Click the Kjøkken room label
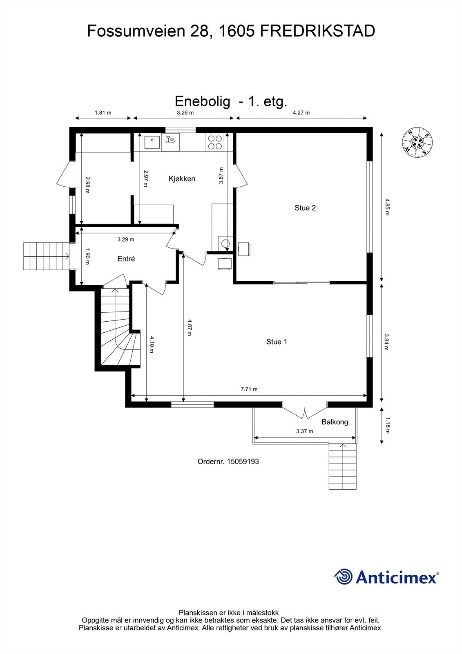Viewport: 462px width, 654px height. click(182, 179)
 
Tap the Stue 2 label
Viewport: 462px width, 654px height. click(305, 208)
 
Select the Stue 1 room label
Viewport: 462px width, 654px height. click(277, 342)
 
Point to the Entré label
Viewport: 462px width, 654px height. click(126, 259)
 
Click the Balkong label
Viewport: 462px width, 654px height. click(335, 422)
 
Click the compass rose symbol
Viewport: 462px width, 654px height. click(417, 143)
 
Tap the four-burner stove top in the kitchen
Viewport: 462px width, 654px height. click(215, 142)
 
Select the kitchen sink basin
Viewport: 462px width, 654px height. click(152, 142)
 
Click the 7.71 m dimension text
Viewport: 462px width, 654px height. click(249, 389)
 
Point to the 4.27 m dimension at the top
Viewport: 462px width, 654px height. click(301, 113)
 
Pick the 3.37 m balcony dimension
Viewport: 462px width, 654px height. click(305, 431)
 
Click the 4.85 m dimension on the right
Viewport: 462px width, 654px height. click(387, 207)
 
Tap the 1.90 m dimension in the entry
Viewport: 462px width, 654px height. click(87, 256)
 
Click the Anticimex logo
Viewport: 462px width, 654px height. click(386, 577)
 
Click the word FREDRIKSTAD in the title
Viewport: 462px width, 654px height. click(317, 31)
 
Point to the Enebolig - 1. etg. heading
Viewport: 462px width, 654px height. click(231, 101)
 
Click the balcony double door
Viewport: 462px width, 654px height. click(305, 410)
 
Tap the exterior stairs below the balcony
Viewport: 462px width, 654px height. click(343, 466)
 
